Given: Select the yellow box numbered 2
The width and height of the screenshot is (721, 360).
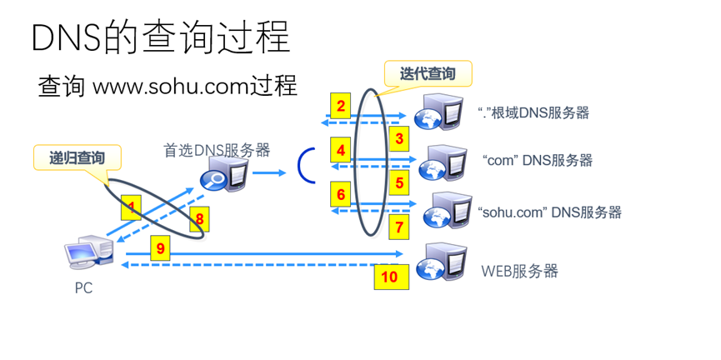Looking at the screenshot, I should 340,106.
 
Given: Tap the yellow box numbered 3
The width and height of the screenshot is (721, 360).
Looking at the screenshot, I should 399,138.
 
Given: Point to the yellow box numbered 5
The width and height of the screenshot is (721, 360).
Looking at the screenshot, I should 399,182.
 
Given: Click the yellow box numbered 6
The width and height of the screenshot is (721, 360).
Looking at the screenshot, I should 340,194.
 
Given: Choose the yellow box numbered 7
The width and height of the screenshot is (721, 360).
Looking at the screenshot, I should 399,226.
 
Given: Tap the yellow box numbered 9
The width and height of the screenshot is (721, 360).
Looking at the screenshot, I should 161,247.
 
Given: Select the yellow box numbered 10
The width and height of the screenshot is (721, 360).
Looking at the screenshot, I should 390,277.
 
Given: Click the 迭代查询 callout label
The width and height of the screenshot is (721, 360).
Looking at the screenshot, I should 428,74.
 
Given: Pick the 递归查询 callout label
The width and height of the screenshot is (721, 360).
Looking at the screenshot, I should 77,157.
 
